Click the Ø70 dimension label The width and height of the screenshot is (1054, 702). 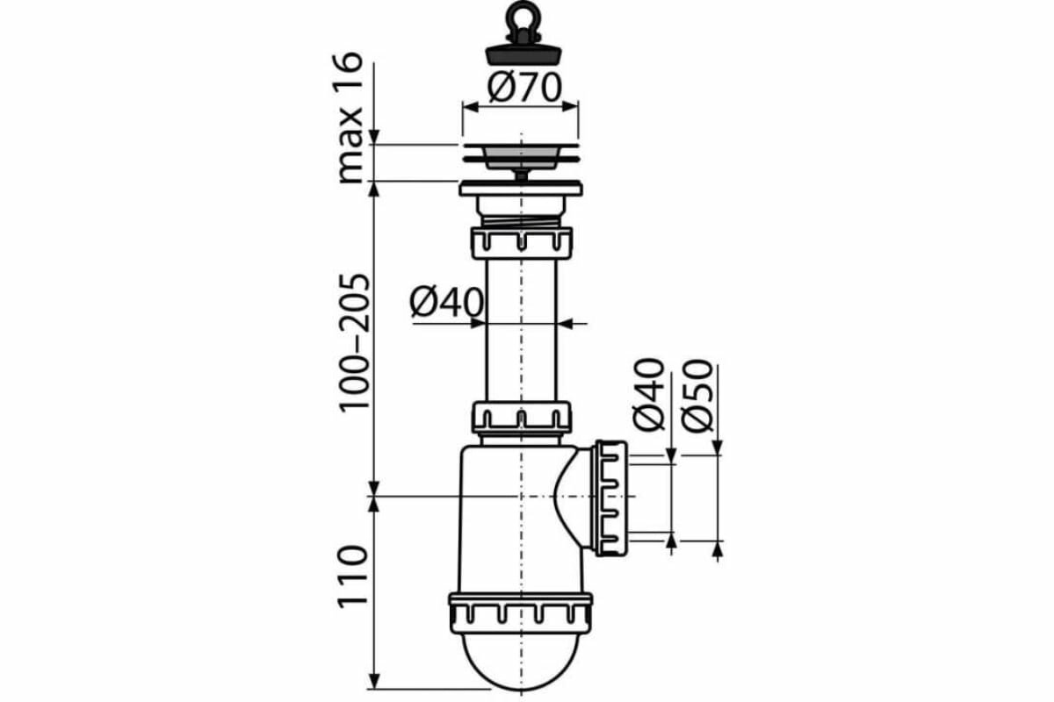[x=524, y=88]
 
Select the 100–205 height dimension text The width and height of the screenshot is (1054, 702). [x=354, y=342]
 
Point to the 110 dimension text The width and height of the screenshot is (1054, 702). [x=351, y=575]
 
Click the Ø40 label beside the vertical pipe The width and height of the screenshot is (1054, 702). [x=447, y=304]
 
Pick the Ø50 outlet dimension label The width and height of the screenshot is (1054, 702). [x=699, y=395]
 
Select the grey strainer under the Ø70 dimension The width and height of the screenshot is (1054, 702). [x=520, y=156]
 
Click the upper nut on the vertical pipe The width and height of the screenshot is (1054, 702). [x=522, y=241]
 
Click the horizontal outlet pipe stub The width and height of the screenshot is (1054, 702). [x=650, y=498]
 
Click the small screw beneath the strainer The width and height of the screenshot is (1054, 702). [x=522, y=175]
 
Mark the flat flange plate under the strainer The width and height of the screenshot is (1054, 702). [x=521, y=189]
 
